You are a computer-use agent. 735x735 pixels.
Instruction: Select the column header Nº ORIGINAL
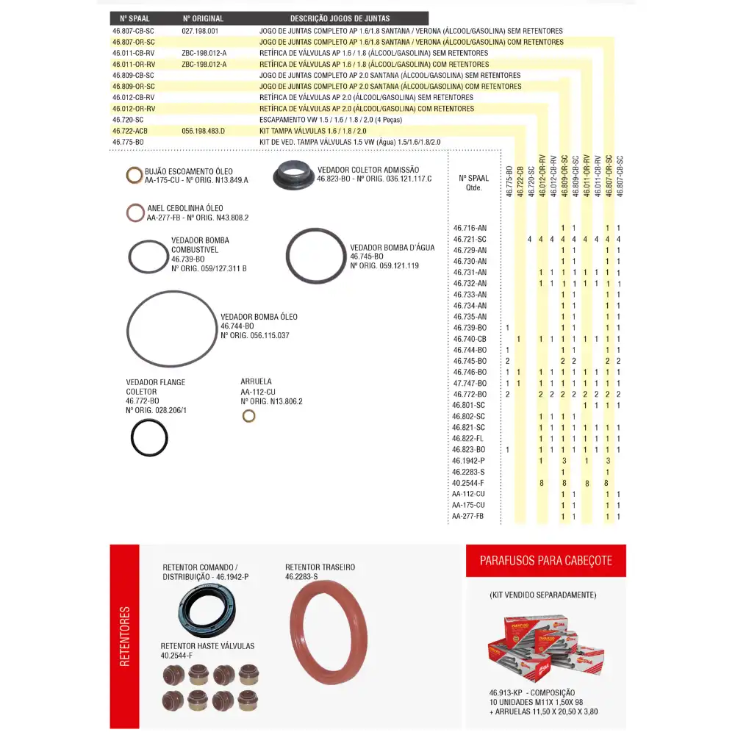pos(203,18)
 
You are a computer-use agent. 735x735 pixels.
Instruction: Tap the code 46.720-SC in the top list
pos(128,119)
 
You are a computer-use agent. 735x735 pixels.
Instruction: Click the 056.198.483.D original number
pos(203,130)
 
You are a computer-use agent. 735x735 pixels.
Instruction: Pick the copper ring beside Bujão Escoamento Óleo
pos(135,175)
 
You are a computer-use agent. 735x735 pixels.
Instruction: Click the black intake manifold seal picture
pos(293,176)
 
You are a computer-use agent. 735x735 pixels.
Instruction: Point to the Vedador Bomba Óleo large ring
pos(172,328)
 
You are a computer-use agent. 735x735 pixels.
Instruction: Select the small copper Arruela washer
pos(249,416)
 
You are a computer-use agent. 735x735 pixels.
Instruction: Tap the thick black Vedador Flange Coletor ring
pos(149,438)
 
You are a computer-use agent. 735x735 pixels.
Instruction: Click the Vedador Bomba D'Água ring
pos(315,255)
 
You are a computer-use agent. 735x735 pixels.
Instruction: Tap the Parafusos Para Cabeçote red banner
pos(546,561)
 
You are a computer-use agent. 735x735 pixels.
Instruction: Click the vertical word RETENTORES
pos(124,637)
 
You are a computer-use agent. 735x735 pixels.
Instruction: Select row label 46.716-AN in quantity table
pos(470,228)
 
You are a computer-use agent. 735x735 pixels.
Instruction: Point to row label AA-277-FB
pos(468,516)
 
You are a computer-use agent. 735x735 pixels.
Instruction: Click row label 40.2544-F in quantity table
pos(468,483)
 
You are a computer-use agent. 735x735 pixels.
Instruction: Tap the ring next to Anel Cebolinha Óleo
pos(135,212)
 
